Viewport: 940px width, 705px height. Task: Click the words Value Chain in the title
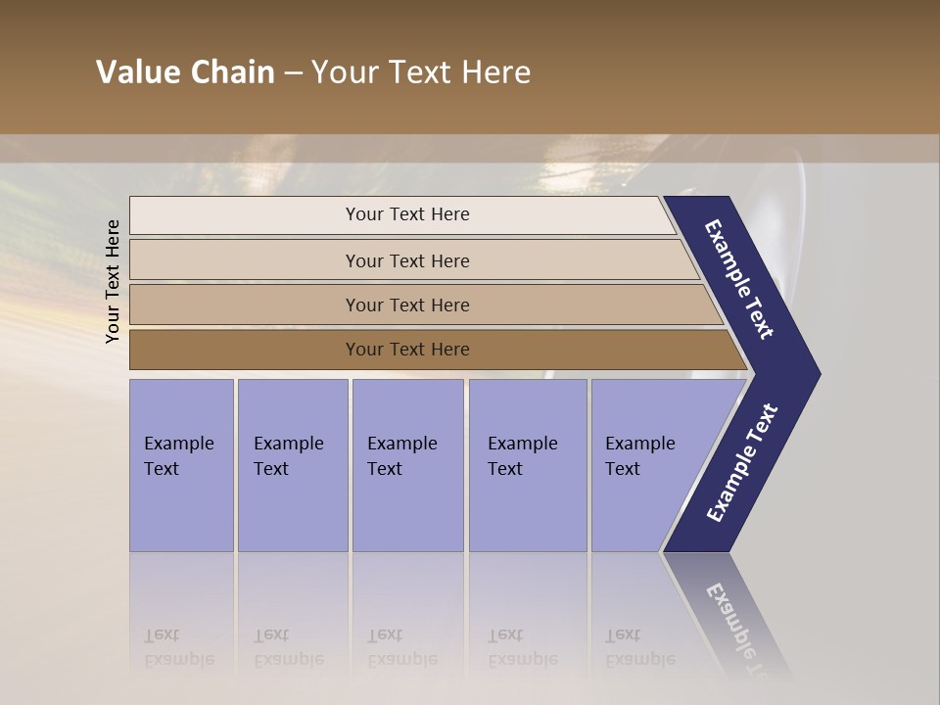tap(185, 72)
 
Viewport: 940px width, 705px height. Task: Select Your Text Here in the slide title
tap(421, 72)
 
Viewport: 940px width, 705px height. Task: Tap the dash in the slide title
tap(293, 73)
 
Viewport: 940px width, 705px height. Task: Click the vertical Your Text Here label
tap(113, 281)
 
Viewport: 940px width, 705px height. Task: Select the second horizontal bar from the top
tap(407, 260)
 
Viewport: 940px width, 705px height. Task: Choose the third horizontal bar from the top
tap(407, 305)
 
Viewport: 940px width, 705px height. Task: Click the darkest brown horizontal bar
tap(407, 350)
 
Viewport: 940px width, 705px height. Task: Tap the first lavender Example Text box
tap(181, 464)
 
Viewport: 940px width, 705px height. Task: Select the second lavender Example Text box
tap(292, 464)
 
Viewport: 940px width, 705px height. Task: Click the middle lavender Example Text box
tap(407, 464)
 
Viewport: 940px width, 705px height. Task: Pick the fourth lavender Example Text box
tap(527, 464)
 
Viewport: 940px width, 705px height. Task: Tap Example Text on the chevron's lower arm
tap(742, 462)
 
